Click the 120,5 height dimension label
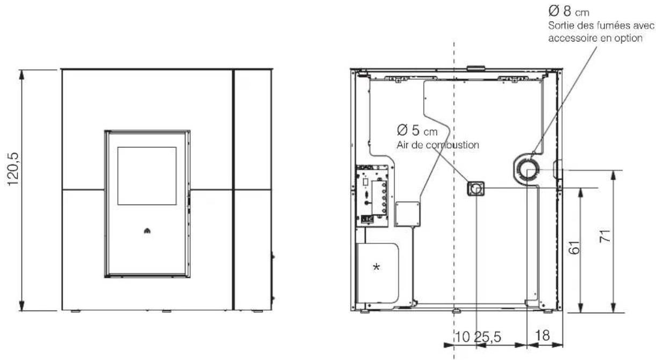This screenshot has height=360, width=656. pyautogui.click(x=13, y=169)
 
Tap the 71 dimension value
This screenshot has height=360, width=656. pyautogui.click(x=605, y=236)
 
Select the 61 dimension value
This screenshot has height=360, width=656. pyautogui.click(x=574, y=248)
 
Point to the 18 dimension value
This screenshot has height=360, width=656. pyautogui.click(x=543, y=335)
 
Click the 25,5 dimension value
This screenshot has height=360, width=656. pyautogui.click(x=488, y=337)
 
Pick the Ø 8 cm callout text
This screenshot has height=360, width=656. pyautogui.click(x=569, y=11)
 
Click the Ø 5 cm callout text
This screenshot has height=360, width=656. pyautogui.click(x=417, y=131)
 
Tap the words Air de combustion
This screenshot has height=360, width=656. pyautogui.click(x=438, y=145)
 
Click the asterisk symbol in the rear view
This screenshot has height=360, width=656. pyautogui.click(x=376, y=267)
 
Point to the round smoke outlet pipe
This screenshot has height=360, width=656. pyautogui.click(x=528, y=170)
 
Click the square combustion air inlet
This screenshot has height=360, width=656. pyautogui.click(x=475, y=189)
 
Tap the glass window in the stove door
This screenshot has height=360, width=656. pyautogui.click(x=147, y=176)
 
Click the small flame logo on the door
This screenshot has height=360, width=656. pyautogui.click(x=147, y=231)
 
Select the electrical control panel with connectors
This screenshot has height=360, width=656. pyautogui.click(x=372, y=196)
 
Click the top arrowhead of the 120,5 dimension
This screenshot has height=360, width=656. pyautogui.click(x=21, y=74)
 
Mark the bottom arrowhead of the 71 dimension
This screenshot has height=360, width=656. pyautogui.click(x=614, y=307)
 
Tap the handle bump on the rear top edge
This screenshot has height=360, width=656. pyautogui.click(x=476, y=68)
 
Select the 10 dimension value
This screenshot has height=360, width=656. pyautogui.click(x=463, y=337)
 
